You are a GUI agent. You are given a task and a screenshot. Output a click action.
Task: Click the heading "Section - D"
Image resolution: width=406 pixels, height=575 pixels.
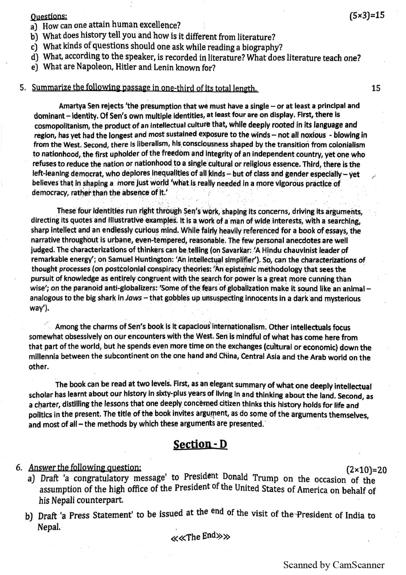tap(200, 445)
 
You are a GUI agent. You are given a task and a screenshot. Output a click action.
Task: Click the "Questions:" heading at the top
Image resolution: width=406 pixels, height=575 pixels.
tap(49, 16)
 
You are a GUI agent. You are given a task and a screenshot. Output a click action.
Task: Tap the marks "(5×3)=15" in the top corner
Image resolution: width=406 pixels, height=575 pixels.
tap(367, 15)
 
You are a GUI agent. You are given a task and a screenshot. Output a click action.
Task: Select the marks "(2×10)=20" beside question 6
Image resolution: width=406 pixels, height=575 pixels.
tap(366, 470)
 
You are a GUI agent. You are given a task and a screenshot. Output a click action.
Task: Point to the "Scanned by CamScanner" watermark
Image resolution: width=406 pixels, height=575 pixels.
tap(334, 565)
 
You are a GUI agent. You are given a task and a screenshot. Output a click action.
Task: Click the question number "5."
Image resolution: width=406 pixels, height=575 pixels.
tap(23, 88)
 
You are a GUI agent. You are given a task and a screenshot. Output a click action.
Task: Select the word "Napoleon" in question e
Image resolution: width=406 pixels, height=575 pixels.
tap(92, 67)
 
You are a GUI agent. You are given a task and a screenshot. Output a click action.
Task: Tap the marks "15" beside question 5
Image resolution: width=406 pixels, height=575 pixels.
tap(376, 88)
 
